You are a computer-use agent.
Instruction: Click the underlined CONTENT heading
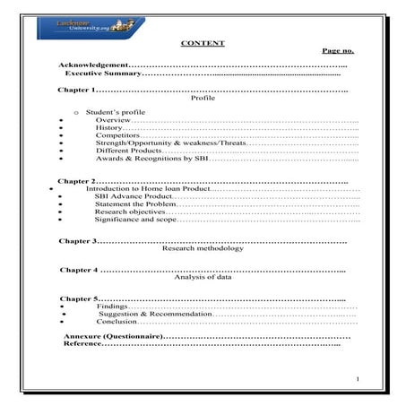coord(203,43)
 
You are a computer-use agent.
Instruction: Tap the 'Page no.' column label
coord(338,51)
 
